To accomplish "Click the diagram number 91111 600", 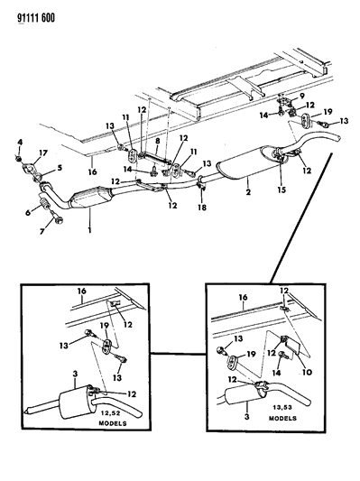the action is tap(36, 18).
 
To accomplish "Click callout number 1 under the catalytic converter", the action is tap(89, 229).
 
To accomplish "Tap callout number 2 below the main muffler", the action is tap(248, 192).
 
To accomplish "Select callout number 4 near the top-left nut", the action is tap(20, 142).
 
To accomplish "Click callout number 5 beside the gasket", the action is tap(28, 212).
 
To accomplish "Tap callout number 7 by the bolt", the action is tap(158, 142).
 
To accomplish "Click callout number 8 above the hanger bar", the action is tap(302, 96).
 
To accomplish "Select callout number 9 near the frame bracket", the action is tap(307, 372).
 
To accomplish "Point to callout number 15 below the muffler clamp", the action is tap(282, 190).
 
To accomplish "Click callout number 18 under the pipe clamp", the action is tap(202, 208).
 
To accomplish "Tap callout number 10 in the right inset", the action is tap(307, 372).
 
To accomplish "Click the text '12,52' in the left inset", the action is tap(112, 413).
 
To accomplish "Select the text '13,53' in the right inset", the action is tap(282, 407).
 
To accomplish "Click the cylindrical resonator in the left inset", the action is tap(76, 402).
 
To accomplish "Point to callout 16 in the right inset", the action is tap(244, 297).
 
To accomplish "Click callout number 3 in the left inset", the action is tap(76, 374).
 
